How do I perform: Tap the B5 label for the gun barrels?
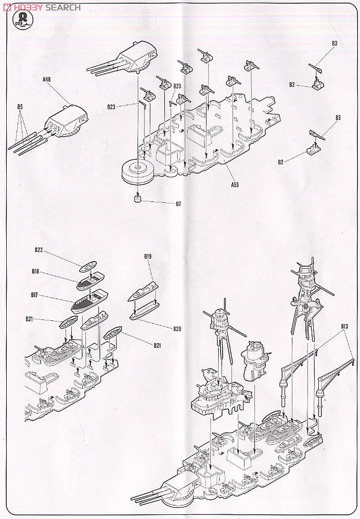(x=19, y=107)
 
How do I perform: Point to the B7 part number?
(x=178, y=204)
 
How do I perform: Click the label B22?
(x=38, y=250)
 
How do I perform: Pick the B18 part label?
(x=35, y=271)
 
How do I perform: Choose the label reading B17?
(x=34, y=295)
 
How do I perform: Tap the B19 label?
(x=148, y=256)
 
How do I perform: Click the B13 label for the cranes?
(x=344, y=327)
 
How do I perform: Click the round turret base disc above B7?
(x=136, y=170)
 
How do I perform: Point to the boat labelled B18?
(x=92, y=281)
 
